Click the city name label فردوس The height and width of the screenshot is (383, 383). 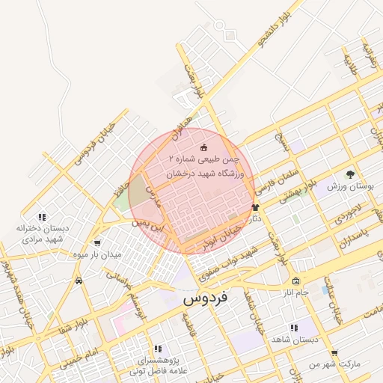[206, 298]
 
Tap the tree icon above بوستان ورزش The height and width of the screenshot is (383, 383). [351, 174]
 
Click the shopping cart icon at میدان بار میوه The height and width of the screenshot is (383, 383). [98, 243]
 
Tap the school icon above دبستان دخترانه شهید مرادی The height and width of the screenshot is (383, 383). [43, 216]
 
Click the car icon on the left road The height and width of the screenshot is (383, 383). [79, 281]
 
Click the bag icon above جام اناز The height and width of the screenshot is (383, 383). [296, 281]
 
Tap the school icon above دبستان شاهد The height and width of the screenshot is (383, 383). [293, 328]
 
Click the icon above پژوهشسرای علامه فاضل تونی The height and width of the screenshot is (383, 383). [157, 349]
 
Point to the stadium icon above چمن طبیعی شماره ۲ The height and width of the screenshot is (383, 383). [204, 147]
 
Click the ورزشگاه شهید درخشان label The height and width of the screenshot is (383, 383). [212, 171]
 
